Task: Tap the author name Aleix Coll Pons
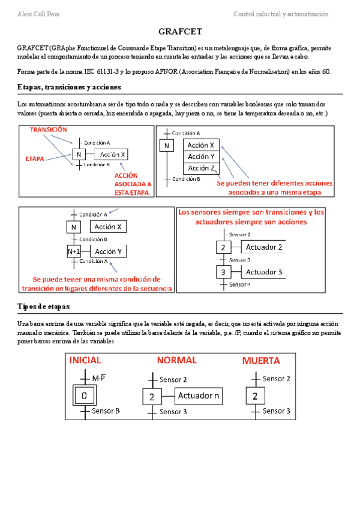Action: click(38, 14)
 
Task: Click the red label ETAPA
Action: click(35, 158)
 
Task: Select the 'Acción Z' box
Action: click(202, 169)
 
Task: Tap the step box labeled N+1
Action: click(74, 251)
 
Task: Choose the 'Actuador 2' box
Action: click(264, 247)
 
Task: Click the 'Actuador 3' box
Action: click(264, 272)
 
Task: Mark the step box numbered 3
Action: click(223, 273)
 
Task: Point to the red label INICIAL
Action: click(85, 361)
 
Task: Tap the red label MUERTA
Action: click(260, 361)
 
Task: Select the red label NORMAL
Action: click(176, 360)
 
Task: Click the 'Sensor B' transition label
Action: click(106, 411)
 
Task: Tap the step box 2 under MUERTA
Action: click(255, 396)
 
